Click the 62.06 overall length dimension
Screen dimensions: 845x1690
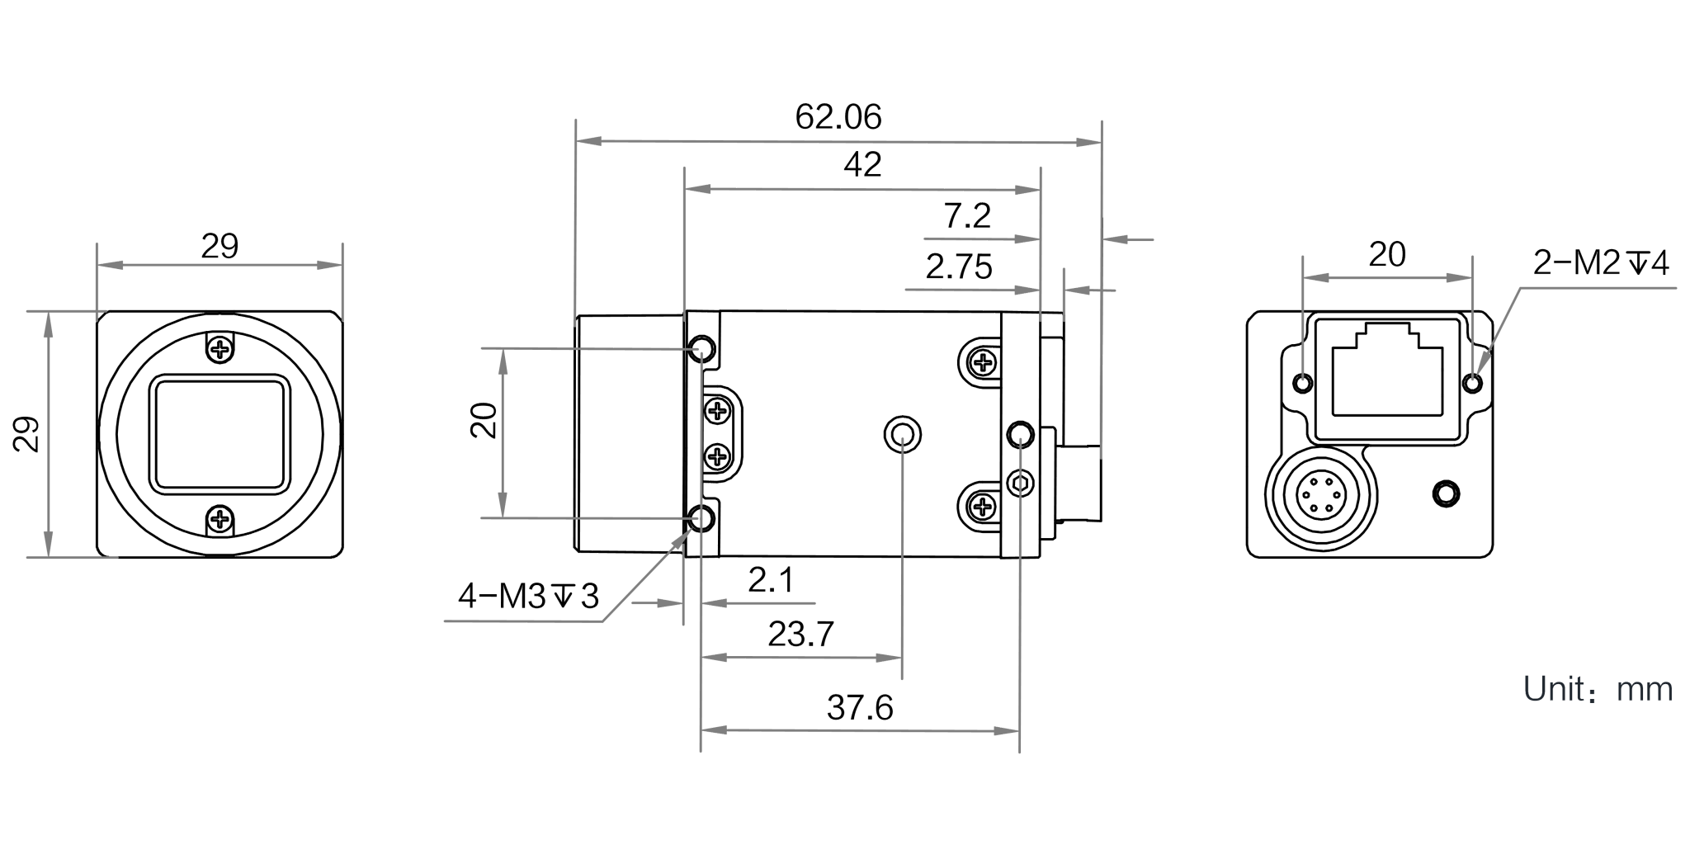point(838,118)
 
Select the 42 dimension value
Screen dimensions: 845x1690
point(862,166)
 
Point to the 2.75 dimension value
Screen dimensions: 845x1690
point(958,267)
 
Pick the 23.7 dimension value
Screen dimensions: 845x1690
point(800,635)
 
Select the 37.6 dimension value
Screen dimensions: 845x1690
point(860,708)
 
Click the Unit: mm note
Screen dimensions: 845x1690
point(1597,690)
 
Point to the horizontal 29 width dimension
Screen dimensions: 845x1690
point(219,246)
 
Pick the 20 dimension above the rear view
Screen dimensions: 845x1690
point(1387,256)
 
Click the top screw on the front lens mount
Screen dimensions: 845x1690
point(220,350)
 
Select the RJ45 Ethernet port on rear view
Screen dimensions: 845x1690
point(1387,371)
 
